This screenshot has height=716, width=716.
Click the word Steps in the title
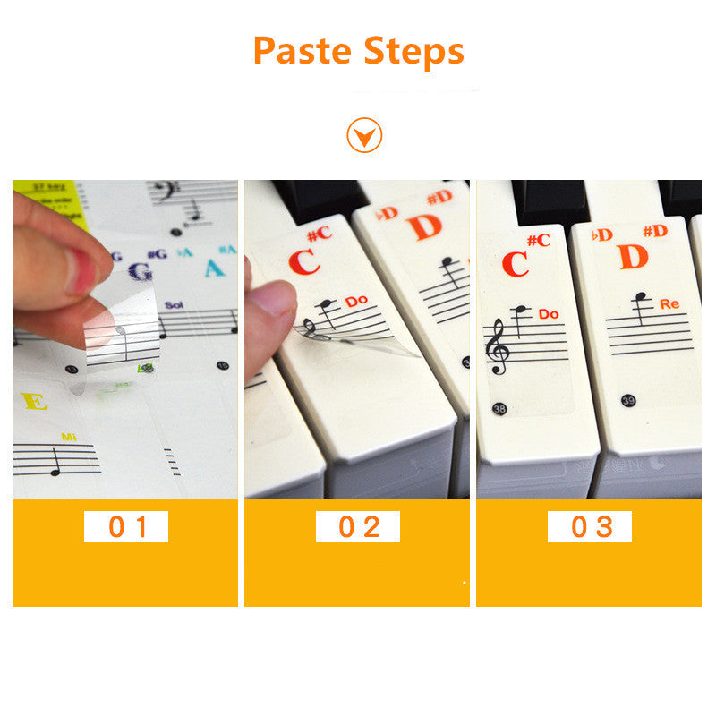coord(413,52)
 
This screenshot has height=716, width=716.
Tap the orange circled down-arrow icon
coord(364,136)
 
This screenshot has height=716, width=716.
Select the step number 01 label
coord(126,526)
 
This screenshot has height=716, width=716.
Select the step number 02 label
coord(358,526)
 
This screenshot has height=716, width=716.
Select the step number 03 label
coord(590,526)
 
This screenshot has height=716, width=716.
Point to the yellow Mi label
coord(70,437)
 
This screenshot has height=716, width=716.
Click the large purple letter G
coord(140,272)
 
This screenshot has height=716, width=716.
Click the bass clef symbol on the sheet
coord(164,192)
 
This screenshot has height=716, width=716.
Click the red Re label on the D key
coord(669,304)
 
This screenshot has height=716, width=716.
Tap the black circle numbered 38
coord(499,409)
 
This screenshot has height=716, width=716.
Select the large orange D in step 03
coord(632,257)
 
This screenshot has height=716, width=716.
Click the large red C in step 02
coord(304,261)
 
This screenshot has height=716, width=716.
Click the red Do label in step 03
coord(549,314)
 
